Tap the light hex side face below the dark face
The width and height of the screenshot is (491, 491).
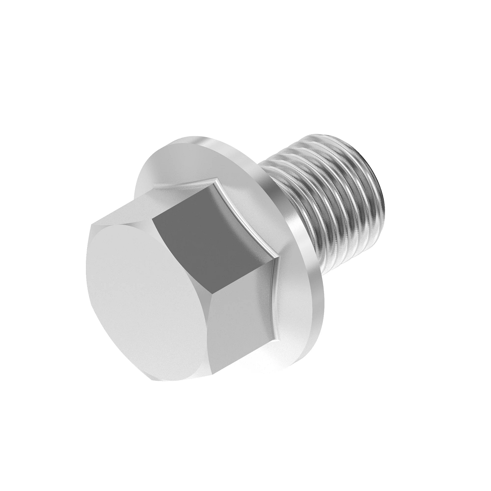click(241, 319)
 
